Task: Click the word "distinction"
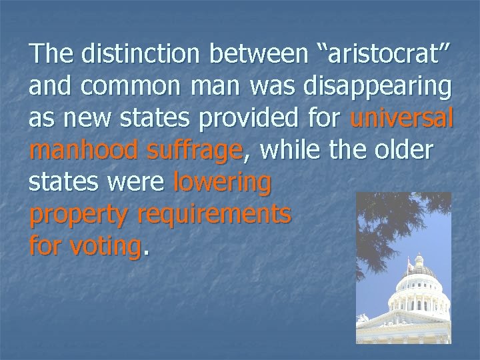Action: (135, 56)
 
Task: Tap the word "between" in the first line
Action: (259, 56)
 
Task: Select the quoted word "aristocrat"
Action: (379, 56)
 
